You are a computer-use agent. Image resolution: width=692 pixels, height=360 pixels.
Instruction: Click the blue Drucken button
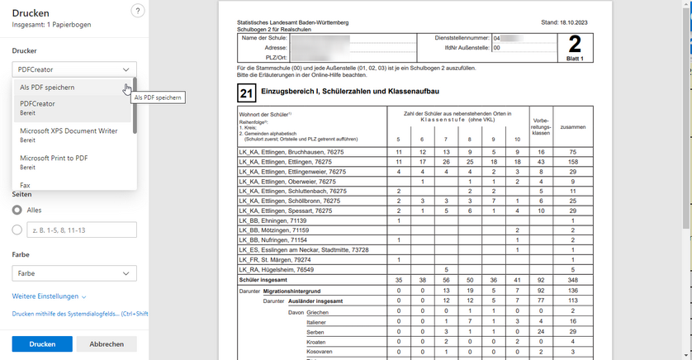42,343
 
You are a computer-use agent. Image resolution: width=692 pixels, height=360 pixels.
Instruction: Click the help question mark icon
138,11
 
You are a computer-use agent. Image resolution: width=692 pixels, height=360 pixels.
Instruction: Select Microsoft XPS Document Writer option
69,130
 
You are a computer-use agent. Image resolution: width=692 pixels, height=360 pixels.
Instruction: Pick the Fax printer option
25,185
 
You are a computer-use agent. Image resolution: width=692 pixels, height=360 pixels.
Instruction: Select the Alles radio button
18,211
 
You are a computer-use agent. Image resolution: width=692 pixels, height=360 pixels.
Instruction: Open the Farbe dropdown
74,272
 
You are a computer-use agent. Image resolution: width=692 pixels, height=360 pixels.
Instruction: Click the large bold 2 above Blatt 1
575,44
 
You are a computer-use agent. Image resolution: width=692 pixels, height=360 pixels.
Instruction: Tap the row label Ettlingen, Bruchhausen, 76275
291,153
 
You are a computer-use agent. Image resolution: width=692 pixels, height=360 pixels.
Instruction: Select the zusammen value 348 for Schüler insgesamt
571,281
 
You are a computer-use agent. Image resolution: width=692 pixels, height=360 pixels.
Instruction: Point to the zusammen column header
571,127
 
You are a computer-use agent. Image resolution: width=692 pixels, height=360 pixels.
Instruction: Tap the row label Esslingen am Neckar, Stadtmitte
303,249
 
